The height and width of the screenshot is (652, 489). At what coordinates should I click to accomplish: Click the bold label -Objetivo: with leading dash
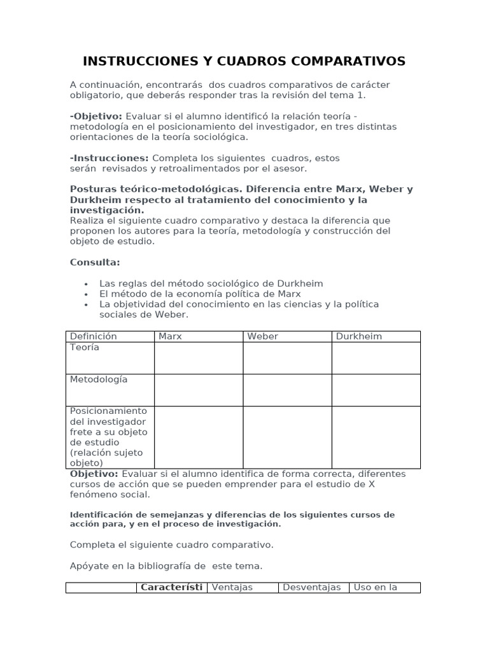click(96, 116)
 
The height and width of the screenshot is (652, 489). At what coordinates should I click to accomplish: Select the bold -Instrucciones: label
click(109, 158)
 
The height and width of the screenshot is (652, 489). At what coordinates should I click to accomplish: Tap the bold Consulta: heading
click(94, 262)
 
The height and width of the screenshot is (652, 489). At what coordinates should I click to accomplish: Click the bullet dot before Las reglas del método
click(86, 284)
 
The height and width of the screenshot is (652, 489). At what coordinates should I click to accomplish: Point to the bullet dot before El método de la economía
click(86, 294)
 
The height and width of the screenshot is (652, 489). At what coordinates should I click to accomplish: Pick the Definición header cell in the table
click(93, 336)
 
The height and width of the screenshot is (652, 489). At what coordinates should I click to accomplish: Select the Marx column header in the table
click(170, 336)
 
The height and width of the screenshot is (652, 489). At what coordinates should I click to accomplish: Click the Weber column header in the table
click(262, 336)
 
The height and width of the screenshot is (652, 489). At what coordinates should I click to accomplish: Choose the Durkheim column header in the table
click(358, 336)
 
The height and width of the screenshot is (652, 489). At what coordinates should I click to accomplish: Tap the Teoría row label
click(85, 348)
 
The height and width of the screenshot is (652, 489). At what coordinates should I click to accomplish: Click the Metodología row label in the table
click(99, 379)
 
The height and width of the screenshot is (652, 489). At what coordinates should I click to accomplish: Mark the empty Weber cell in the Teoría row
click(287, 358)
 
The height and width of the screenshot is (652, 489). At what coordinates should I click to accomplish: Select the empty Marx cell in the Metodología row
click(198, 390)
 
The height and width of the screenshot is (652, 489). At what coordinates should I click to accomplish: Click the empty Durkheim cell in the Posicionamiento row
click(376, 437)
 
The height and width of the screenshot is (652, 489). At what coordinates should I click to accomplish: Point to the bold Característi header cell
click(171, 587)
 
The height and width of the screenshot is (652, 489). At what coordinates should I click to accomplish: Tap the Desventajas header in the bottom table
click(311, 587)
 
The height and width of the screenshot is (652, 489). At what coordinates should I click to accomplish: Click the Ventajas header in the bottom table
click(232, 587)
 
